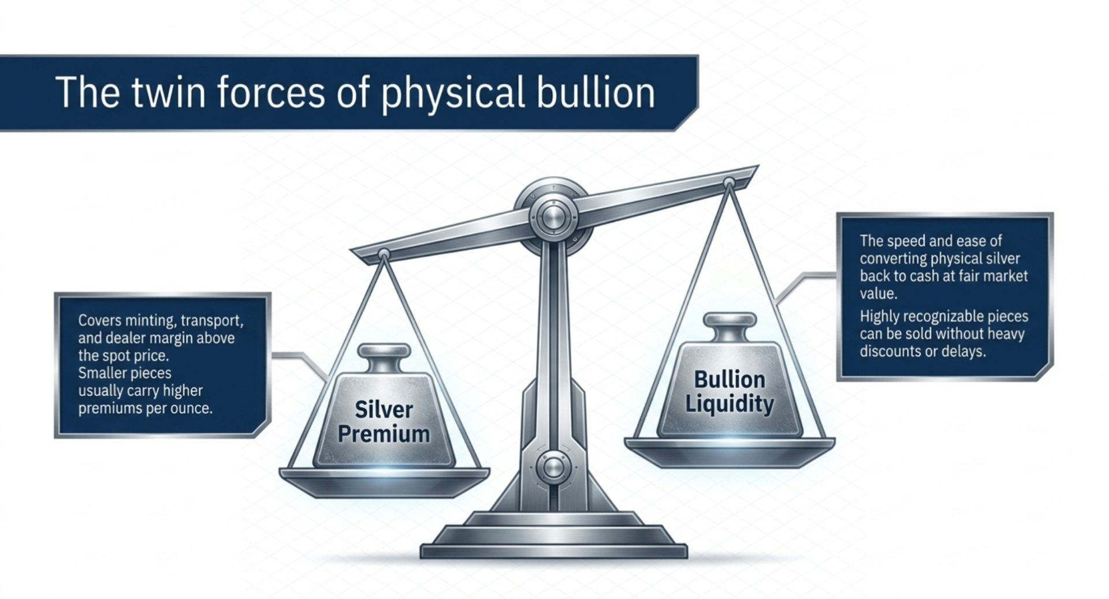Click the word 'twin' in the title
point(168,92)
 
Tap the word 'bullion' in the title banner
point(596,92)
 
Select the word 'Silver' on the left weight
point(384,410)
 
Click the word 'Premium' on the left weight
point(384,434)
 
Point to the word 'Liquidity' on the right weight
point(730,405)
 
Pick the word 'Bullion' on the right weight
point(730,380)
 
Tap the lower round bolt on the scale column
point(553,467)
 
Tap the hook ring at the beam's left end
point(384,254)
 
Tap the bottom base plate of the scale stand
point(553,551)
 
